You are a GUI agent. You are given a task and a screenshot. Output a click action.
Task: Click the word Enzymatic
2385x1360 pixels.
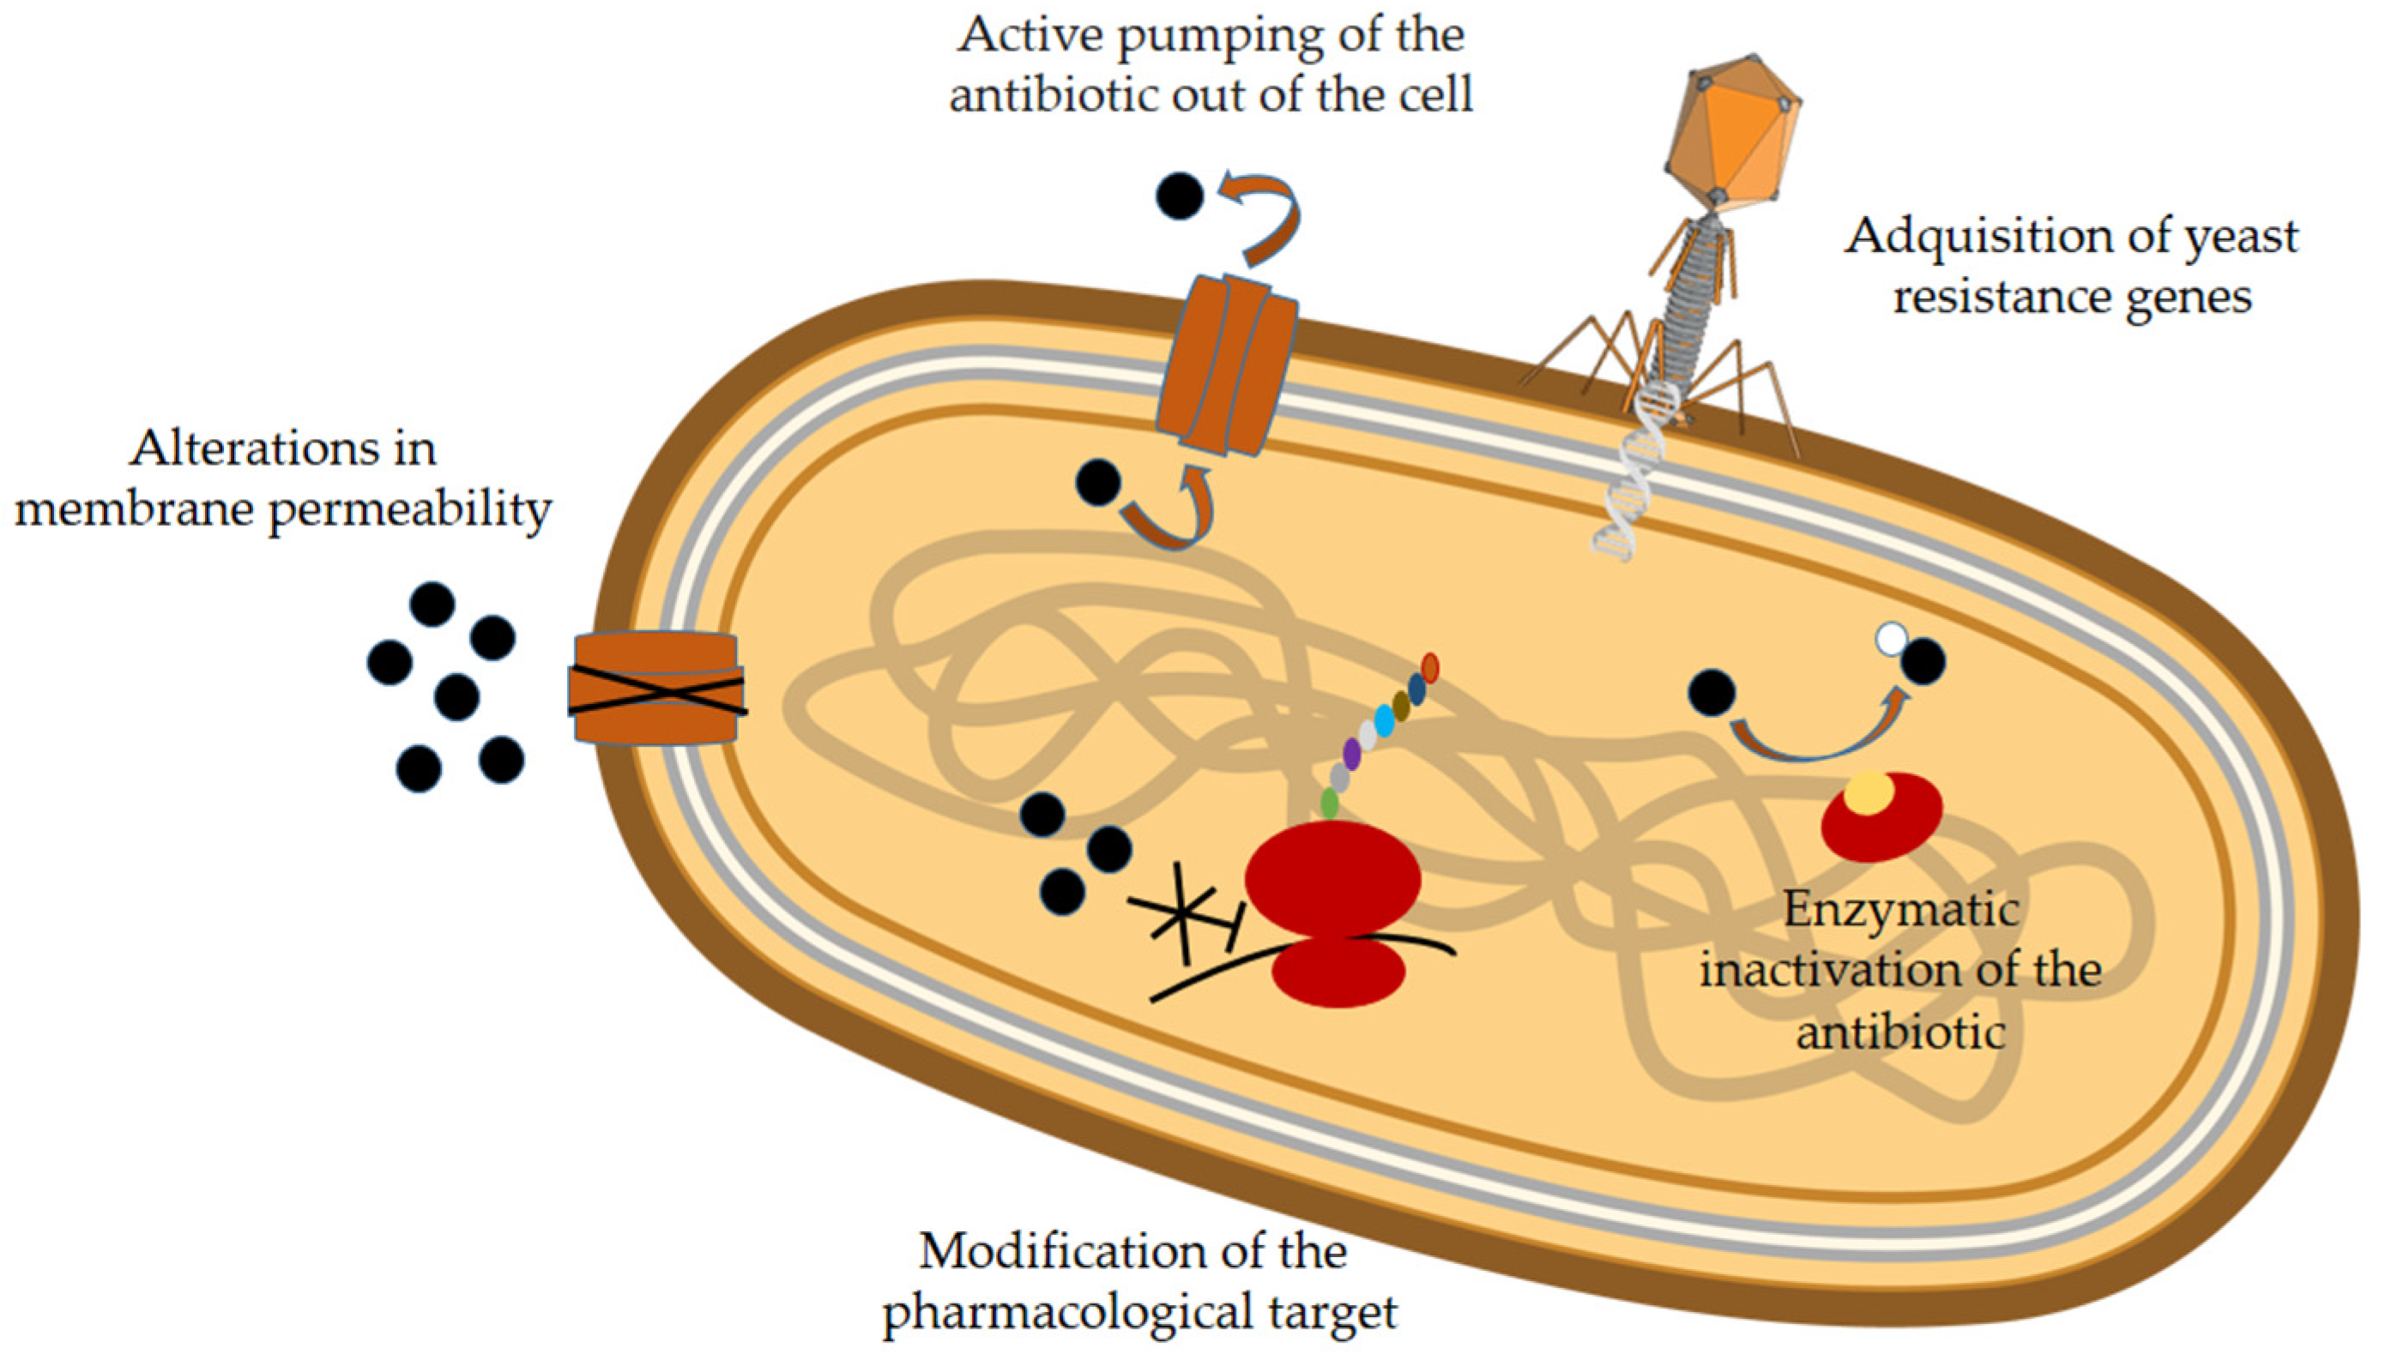1901,909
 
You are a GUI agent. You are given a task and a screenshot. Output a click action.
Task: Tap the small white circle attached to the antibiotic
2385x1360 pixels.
1892,640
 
